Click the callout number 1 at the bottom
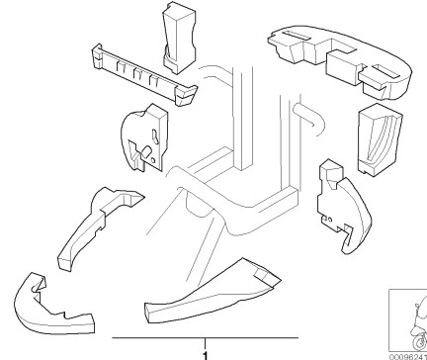click(x=206, y=356)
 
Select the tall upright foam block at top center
click(x=179, y=37)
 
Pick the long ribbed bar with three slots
click(x=144, y=75)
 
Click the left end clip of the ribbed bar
click(x=97, y=56)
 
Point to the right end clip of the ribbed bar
click(x=187, y=95)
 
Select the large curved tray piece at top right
click(x=339, y=62)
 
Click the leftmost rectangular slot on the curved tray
click(x=298, y=36)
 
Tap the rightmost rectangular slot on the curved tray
click(x=386, y=72)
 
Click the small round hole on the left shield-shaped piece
click(x=153, y=160)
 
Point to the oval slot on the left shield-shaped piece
click(x=155, y=135)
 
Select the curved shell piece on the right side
click(x=344, y=207)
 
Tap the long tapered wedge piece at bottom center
click(x=211, y=294)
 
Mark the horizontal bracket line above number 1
click(x=206, y=337)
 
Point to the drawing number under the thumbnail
click(x=408, y=357)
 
